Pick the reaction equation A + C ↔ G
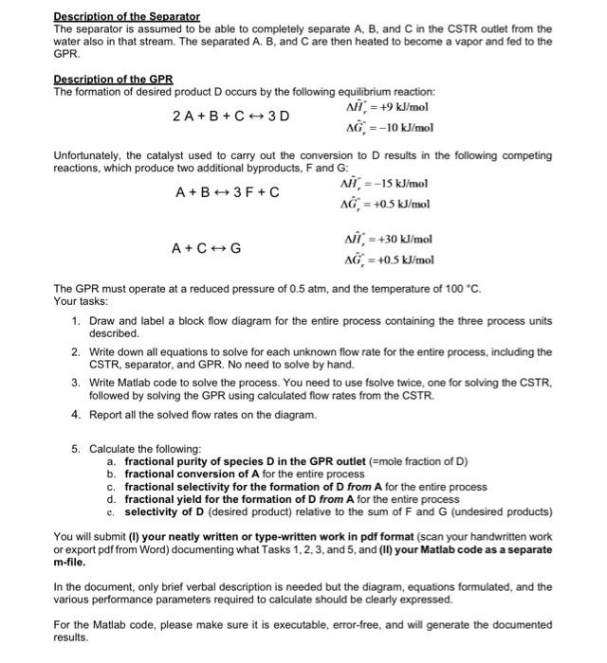pos(206,249)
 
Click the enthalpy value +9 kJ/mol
pos(384,106)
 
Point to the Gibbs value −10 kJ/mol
pos(385,127)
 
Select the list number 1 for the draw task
pos(76,322)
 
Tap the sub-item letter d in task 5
pos(111,499)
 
